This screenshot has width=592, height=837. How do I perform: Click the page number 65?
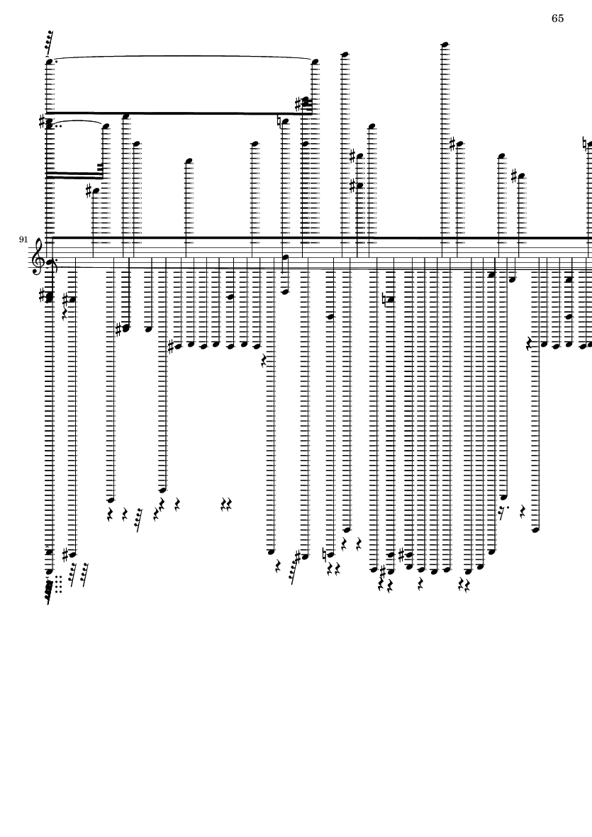[557, 18]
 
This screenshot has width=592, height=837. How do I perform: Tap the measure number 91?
[24, 240]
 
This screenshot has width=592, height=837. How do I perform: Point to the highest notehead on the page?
[445, 45]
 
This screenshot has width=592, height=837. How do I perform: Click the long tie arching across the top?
[181, 57]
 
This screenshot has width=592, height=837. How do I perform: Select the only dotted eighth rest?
[503, 510]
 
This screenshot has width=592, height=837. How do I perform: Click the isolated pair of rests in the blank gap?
[227, 504]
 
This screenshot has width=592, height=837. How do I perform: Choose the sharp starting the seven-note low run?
[170, 347]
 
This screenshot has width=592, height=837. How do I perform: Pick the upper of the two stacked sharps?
[352, 156]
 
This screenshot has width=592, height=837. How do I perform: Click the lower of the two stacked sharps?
[352, 186]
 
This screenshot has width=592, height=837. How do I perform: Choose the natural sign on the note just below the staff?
[384, 299]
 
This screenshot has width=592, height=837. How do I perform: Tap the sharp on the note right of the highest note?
[452, 145]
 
